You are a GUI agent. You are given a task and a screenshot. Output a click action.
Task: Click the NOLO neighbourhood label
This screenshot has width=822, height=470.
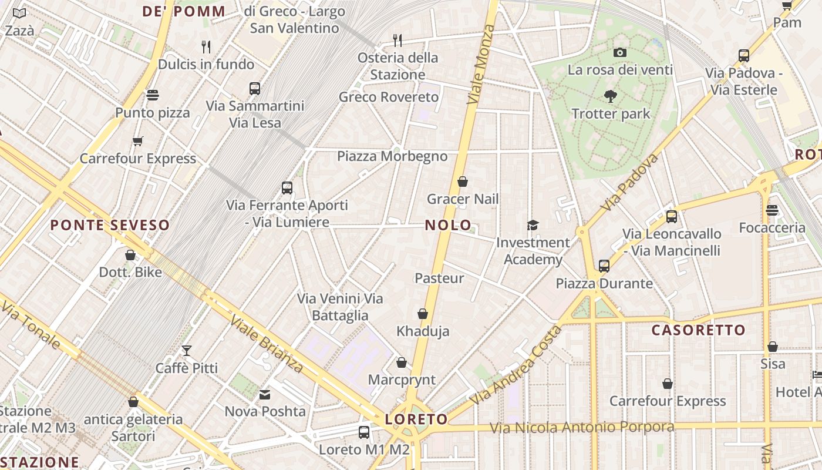click(x=448, y=225)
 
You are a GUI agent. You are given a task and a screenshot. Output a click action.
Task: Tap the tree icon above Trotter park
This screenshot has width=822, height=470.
click(x=611, y=96)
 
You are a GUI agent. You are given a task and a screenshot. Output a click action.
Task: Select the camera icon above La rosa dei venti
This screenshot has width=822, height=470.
click(x=619, y=53)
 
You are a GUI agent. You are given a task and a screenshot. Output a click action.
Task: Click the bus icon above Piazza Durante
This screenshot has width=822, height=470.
click(x=604, y=266)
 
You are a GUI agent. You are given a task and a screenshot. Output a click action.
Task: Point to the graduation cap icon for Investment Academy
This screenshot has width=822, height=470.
click(x=533, y=225)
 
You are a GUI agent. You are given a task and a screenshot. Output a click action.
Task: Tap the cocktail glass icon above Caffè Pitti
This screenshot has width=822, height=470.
click(x=187, y=351)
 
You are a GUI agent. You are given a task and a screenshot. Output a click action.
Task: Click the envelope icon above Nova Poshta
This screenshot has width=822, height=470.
click(x=265, y=394)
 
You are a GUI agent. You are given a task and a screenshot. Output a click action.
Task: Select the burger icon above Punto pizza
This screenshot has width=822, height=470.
click(x=153, y=95)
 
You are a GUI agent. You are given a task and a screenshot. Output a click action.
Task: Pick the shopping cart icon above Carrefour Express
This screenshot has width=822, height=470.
click(x=138, y=141)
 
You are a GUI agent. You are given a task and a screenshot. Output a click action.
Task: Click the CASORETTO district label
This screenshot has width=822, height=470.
click(x=698, y=330)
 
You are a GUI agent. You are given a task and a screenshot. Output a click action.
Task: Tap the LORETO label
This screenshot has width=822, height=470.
click(x=416, y=419)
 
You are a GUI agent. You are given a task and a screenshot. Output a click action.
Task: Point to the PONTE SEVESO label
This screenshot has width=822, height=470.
click(x=110, y=225)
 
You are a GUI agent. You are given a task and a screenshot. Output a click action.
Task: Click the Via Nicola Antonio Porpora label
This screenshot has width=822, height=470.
click(x=582, y=428)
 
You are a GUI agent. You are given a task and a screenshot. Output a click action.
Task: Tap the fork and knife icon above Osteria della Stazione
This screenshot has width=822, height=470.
click(x=397, y=40)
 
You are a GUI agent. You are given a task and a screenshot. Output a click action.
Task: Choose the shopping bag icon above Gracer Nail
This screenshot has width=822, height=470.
click(x=463, y=182)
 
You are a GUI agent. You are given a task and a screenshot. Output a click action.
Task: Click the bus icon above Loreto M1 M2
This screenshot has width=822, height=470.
click(x=364, y=432)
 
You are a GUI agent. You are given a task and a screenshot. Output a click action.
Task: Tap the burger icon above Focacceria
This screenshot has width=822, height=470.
click(x=772, y=210)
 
